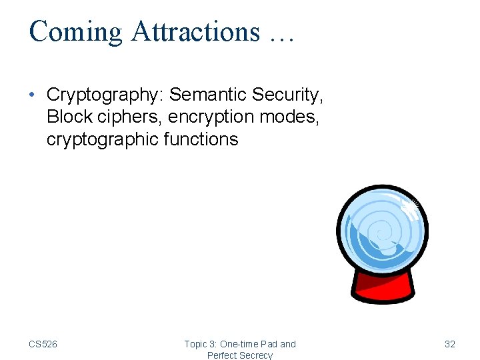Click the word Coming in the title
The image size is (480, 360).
[75, 31]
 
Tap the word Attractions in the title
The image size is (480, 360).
[196, 31]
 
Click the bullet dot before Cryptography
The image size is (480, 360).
[33, 95]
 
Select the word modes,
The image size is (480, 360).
[291, 117]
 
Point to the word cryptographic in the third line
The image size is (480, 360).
[104, 139]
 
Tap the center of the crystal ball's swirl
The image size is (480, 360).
[380, 233]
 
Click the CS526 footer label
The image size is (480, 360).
[43, 344]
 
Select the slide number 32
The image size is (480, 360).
[450, 344]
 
